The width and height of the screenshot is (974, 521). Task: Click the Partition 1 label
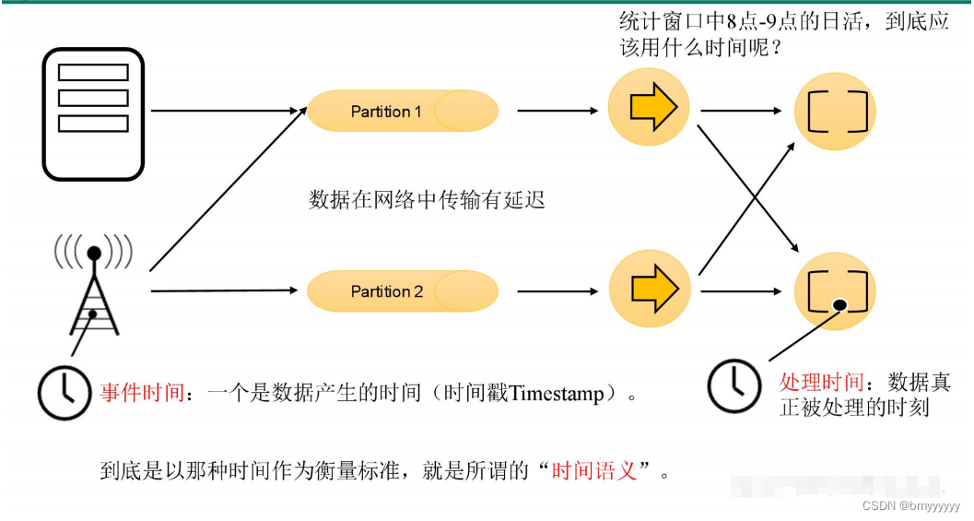pyautogui.click(x=386, y=112)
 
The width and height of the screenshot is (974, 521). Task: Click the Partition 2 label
pyautogui.click(x=387, y=291)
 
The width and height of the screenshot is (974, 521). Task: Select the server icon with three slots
pyautogui.click(x=93, y=112)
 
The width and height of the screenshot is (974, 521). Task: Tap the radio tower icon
pyautogui.click(x=93, y=281)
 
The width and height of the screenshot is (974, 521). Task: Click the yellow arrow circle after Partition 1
pyautogui.click(x=650, y=110)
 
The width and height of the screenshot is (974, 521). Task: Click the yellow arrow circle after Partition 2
pyautogui.click(x=650, y=288)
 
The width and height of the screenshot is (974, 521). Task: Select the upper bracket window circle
pyautogui.click(x=836, y=112)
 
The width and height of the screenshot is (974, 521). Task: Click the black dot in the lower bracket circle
pyautogui.click(x=839, y=305)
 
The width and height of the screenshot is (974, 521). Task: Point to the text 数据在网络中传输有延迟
pyautogui.click(x=427, y=200)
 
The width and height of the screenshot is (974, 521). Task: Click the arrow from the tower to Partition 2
pyautogui.click(x=226, y=291)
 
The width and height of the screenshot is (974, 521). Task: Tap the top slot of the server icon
pyautogui.click(x=93, y=72)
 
